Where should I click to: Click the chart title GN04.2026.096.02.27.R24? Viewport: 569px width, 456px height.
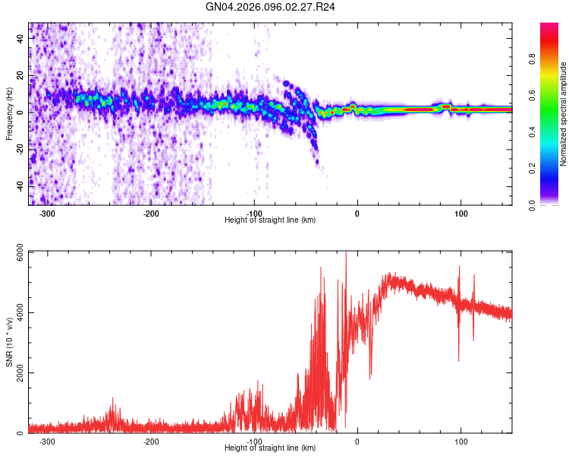[271, 7]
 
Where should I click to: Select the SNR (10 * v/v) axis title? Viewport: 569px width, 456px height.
[9, 342]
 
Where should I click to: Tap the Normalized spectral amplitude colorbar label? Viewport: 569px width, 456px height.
[563, 114]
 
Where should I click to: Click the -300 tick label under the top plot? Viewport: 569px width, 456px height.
[47, 214]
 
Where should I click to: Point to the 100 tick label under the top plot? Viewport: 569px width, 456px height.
[461, 214]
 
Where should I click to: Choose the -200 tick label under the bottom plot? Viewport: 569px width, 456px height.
[150, 442]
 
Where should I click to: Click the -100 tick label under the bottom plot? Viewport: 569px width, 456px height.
[253, 442]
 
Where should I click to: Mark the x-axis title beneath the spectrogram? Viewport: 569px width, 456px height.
[270, 220]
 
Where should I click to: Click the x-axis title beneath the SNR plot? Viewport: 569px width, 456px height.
[270, 448]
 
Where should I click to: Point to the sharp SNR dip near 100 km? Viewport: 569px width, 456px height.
[458, 357]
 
